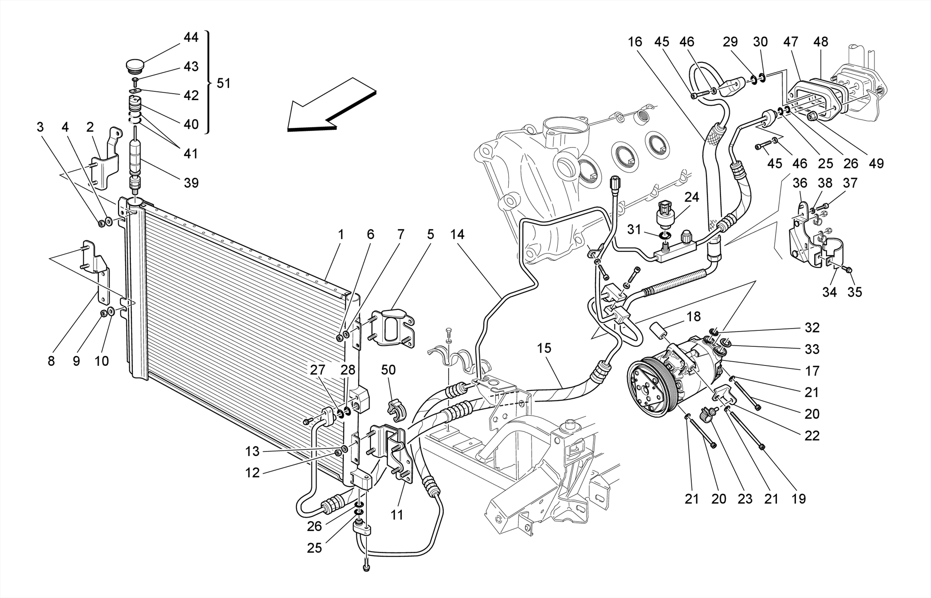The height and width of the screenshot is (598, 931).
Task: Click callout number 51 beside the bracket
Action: coord(223,83)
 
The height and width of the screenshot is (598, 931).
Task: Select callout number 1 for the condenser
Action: coord(340,235)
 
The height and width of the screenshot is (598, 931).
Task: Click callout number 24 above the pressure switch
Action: coord(691,198)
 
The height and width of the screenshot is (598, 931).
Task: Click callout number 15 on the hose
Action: coord(544,348)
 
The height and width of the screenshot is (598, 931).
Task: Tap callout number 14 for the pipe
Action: coord(457,235)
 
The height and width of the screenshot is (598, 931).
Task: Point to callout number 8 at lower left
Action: coord(51,361)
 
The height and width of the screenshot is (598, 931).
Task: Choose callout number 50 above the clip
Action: coord(388,370)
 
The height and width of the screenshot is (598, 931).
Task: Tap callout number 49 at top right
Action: coord(876,163)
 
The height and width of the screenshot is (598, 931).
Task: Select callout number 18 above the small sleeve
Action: coord(694,316)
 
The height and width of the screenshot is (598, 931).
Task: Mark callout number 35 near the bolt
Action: coord(855,292)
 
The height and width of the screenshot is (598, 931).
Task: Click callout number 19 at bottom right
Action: coord(798,499)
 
